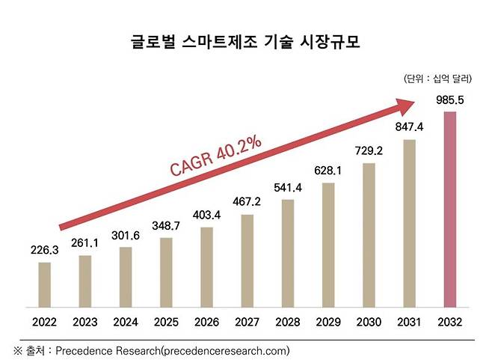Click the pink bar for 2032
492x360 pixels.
(x=449, y=210)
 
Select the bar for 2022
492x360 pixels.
(x=45, y=284)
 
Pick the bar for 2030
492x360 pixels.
(x=369, y=235)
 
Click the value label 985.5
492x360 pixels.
(x=449, y=100)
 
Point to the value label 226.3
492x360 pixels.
(x=45, y=251)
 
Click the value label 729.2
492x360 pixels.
(x=369, y=150)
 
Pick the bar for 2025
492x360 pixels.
(x=167, y=272)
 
